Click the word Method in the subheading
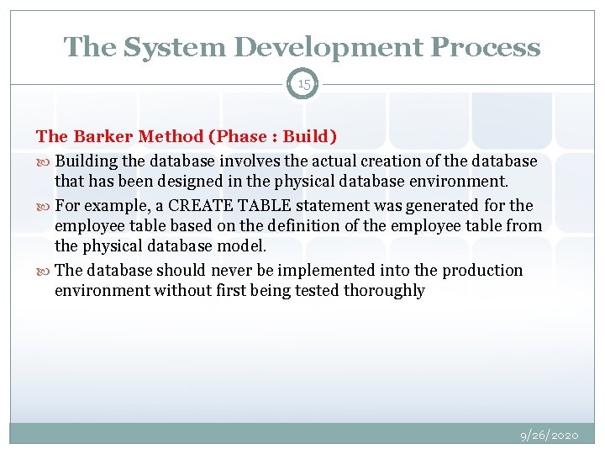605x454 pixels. click(168, 137)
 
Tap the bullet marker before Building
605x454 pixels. click(44, 161)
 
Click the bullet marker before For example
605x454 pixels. click(44, 205)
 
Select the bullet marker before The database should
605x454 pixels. click(44, 271)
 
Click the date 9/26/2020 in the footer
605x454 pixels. click(549, 436)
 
